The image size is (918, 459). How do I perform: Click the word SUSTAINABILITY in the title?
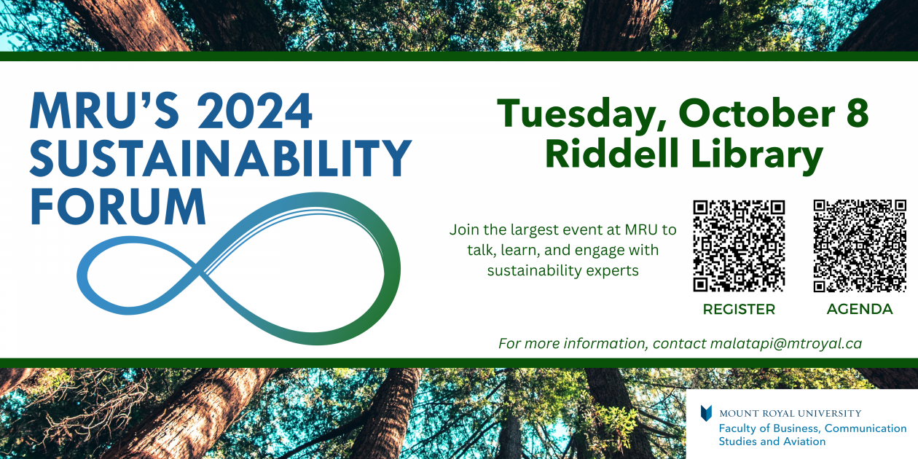(221, 159)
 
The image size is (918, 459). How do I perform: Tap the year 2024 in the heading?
(254, 111)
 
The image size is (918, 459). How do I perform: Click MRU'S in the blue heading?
(102, 111)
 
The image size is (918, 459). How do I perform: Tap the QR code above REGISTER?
(739, 246)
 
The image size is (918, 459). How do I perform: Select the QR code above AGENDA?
(860, 246)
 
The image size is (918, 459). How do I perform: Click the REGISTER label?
(739, 310)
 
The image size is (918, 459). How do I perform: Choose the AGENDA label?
(860, 310)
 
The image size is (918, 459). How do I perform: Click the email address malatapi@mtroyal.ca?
(786, 343)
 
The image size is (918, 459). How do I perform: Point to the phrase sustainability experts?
(562, 271)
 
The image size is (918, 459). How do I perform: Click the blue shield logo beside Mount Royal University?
(706, 413)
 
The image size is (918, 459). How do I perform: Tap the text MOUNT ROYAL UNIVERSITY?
(790, 414)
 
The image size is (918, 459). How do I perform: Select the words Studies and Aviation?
(772, 442)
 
